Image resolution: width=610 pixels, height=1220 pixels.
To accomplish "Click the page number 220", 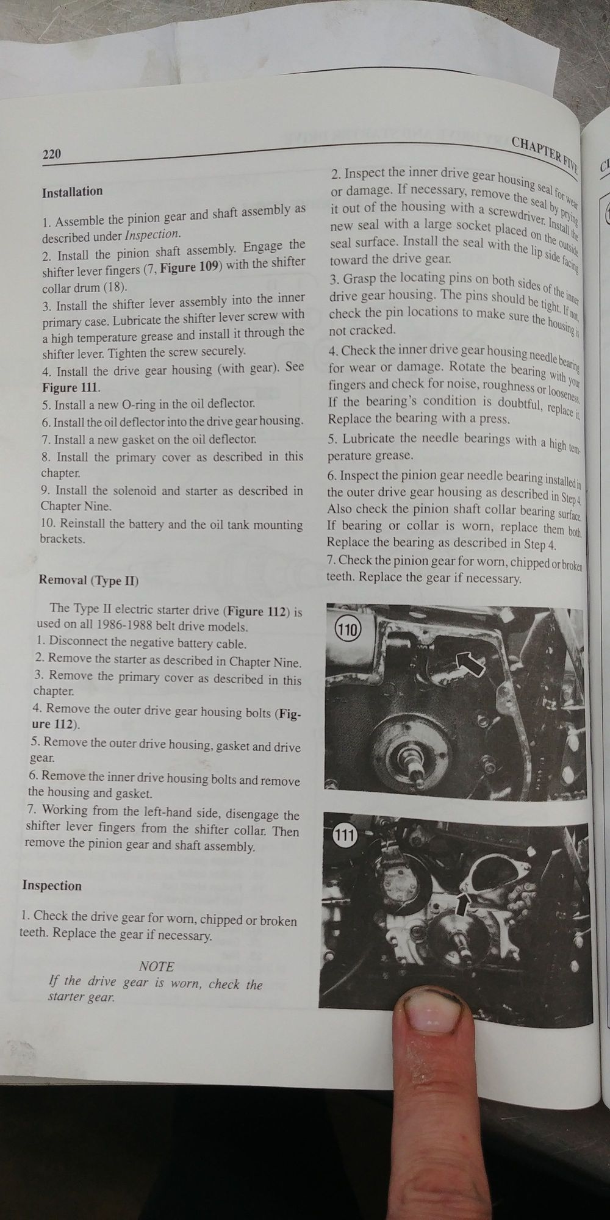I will click(52, 154).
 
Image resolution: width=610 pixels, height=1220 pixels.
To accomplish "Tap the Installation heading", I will click(72, 192).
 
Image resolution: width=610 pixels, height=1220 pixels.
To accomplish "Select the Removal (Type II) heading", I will click(88, 579).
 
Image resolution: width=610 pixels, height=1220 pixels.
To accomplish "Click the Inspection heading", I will click(52, 885).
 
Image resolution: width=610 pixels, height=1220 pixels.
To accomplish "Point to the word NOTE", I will click(157, 966).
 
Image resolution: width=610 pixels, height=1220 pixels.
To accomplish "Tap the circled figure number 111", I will click(344, 834).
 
